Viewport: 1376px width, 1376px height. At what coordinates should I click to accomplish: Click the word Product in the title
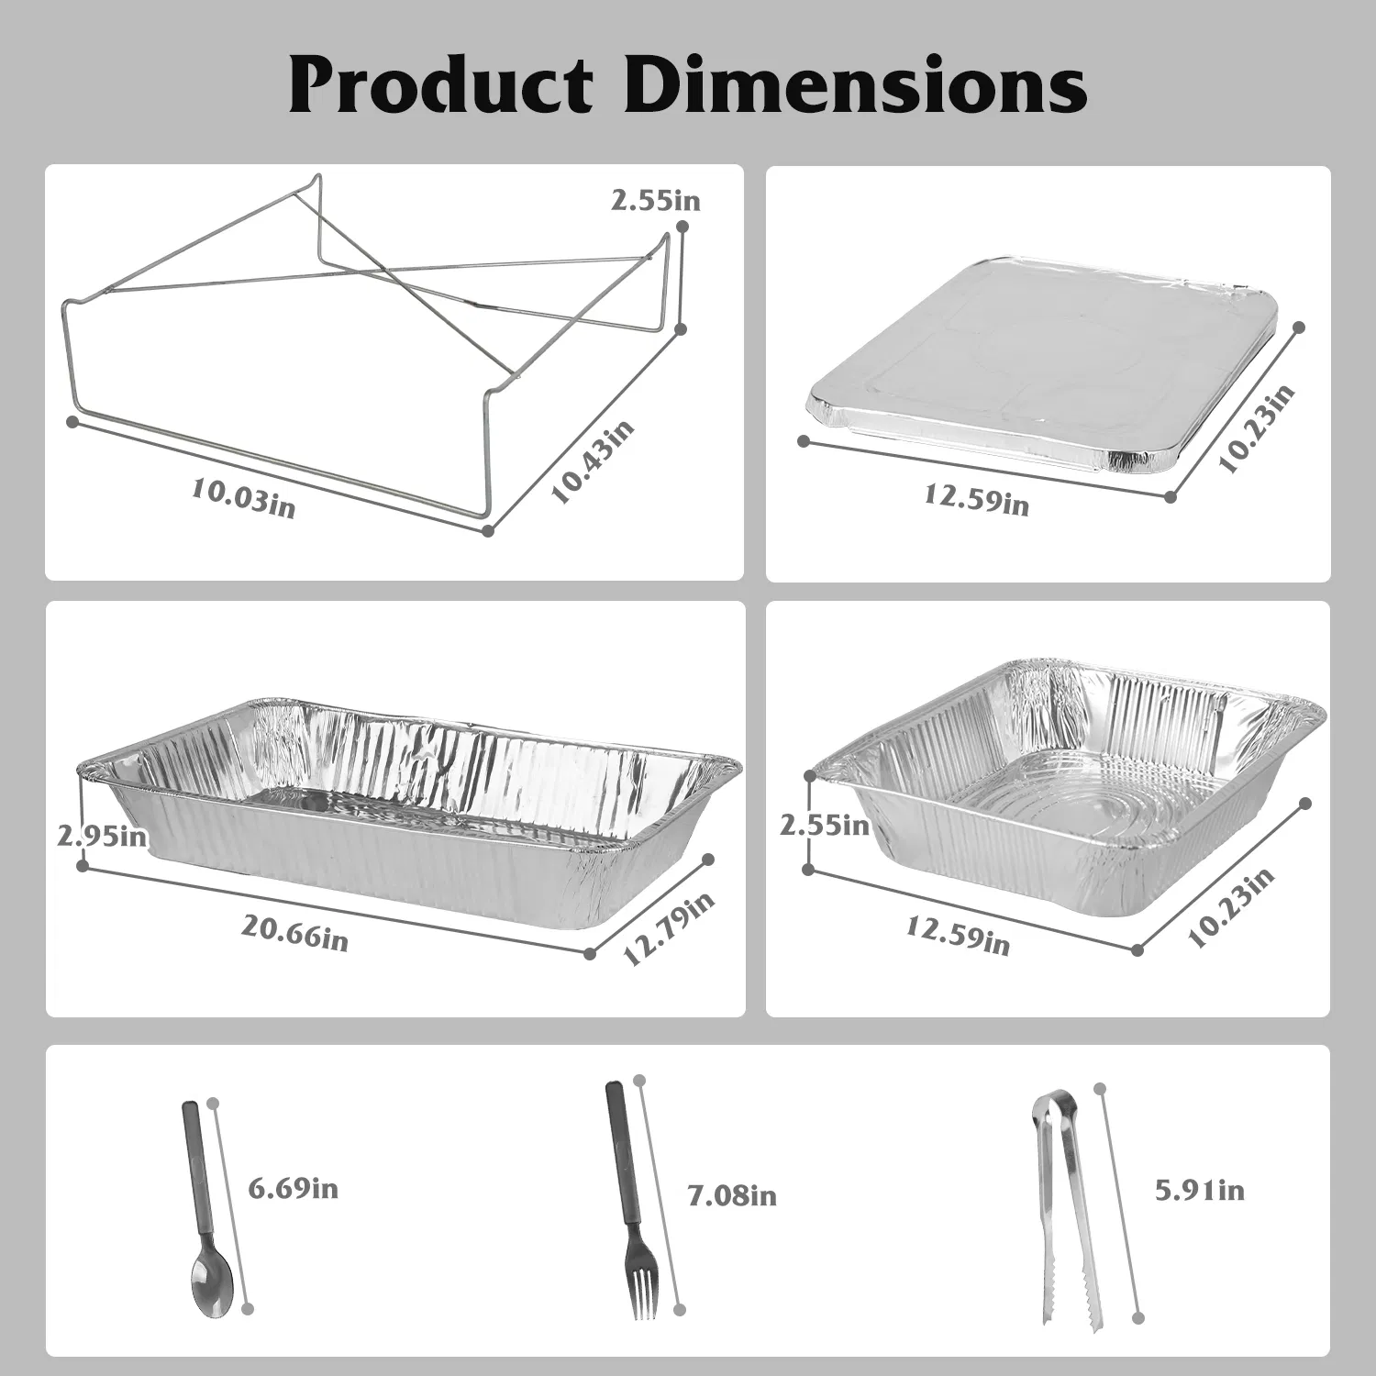[441, 85]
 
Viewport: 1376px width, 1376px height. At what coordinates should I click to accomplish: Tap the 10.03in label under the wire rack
[243, 499]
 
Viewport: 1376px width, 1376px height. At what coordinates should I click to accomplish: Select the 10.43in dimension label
[593, 461]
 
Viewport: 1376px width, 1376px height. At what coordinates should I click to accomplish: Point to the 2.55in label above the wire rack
[655, 200]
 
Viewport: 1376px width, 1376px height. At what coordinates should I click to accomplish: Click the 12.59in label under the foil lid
[976, 498]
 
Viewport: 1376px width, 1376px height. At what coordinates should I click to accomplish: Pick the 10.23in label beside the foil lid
[1256, 427]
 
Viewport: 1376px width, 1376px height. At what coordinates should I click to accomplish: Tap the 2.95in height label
[102, 836]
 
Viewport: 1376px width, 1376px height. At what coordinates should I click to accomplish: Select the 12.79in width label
[669, 928]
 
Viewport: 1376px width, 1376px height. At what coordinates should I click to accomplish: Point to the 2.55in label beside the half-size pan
[825, 825]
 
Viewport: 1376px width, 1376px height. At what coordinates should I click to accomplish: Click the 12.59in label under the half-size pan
[958, 936]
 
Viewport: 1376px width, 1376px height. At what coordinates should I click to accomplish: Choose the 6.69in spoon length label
[294, 1189]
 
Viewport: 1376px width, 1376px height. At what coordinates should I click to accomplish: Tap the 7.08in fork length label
[732, 1195]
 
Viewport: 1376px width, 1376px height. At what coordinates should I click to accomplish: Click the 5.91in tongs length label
[1199, 1190]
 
